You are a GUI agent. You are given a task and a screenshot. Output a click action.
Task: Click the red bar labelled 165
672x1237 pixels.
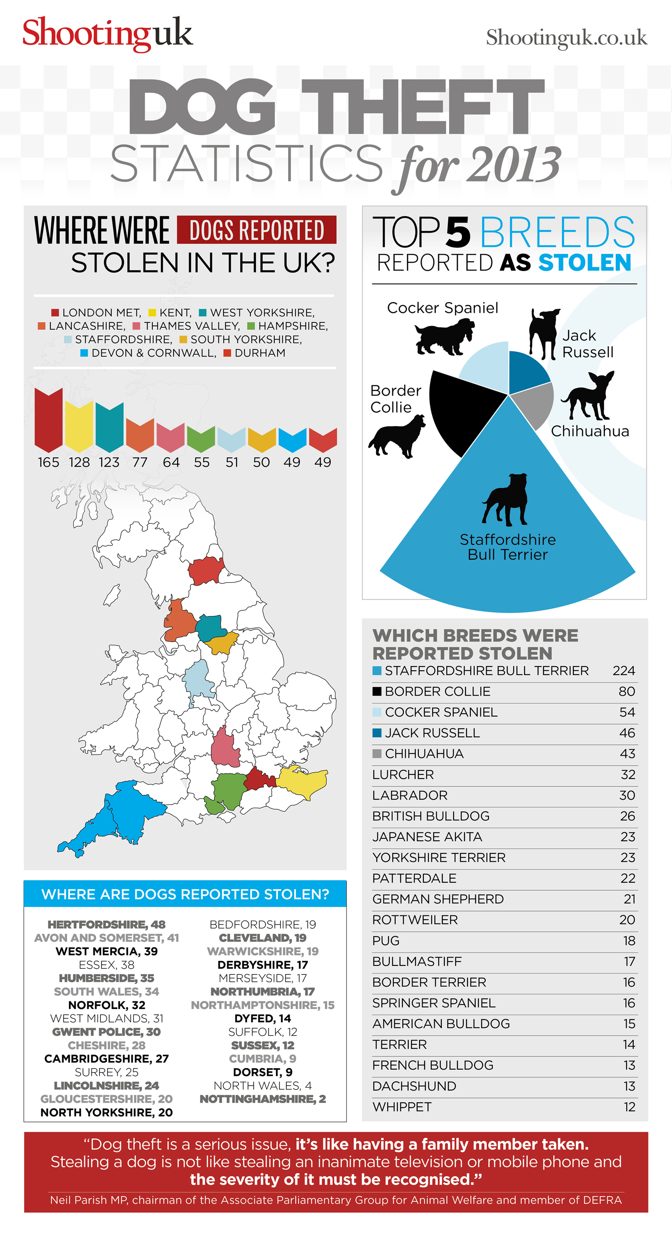tap(49, 420)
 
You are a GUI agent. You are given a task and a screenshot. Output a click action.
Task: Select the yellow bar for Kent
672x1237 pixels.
tap(79, 427)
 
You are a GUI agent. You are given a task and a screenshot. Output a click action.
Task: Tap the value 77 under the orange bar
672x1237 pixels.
tap(140, 463)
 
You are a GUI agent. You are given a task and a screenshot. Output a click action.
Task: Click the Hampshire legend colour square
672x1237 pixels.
tap(251, 326)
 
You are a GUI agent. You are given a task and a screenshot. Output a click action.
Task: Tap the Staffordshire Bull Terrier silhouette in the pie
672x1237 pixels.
tap(505, 500)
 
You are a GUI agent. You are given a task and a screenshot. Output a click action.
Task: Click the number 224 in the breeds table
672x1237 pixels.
tap(623, 671)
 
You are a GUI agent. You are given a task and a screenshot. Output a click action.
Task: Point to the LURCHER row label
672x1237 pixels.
tap(403, 774)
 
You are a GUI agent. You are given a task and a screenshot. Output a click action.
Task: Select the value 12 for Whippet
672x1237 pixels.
tap(629, 1107)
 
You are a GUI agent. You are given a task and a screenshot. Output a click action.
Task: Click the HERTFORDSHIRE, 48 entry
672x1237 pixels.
tap(106, 924)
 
